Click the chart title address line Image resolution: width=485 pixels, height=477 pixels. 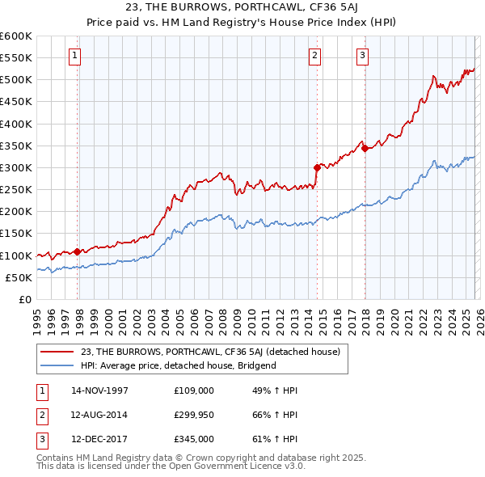tap(242, 8)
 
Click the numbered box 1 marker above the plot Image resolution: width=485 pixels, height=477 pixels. tap(74, 56)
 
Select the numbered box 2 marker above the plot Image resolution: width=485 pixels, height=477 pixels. tap(314, 56)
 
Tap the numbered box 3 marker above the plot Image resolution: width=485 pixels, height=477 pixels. tap(363, 56)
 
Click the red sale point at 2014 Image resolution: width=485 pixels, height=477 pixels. tap(317, 167)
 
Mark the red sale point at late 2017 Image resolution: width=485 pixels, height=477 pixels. tap(365, 148)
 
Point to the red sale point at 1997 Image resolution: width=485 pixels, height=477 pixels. tap(78, 251)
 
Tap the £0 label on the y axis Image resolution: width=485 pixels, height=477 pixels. tap(24, 299)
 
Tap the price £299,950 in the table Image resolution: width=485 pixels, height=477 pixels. tap(195, 415)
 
